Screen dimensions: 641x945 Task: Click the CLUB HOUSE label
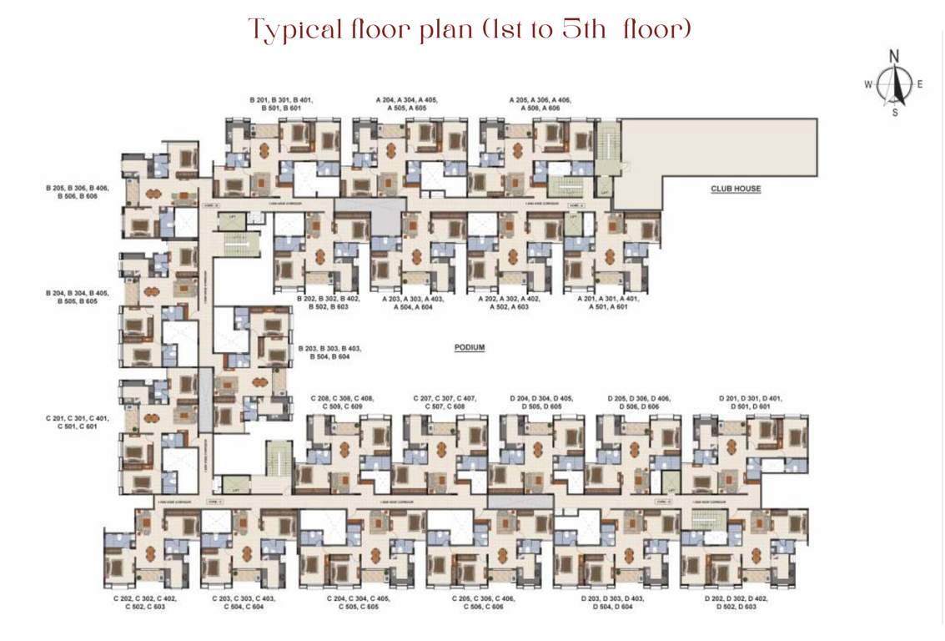click(735, 189)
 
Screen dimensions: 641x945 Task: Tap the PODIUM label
click(470, 347)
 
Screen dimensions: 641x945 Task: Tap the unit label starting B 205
click(76, 192)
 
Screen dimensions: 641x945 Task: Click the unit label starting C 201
click(76, 422)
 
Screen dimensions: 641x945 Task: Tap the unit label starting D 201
click(750, 402)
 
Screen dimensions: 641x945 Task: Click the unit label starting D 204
click(545, 402)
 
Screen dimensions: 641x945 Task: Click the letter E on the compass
click(920, 83)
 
